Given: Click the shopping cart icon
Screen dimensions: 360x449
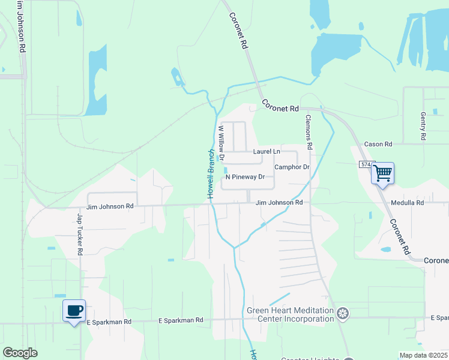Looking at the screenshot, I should coord(382,173).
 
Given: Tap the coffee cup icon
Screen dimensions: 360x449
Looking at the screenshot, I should coord(74,311).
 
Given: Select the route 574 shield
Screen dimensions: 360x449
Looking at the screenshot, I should coord(366,164).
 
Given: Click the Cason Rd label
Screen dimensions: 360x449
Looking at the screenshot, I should coord(378,145).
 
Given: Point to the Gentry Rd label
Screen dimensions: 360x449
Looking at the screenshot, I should coord(423,126).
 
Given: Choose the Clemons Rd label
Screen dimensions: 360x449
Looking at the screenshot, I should coord(309,132).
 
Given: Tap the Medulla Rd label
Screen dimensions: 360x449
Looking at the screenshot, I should coord(407,203).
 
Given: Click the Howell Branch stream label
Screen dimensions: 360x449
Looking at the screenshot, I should coord(211,174).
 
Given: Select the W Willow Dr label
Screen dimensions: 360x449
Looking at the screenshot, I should coord(221,143).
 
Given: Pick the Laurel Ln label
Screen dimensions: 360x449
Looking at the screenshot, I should coord(266,152).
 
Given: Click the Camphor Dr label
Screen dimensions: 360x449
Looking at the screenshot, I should coord(292,167).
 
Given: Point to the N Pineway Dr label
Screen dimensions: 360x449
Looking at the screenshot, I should coord(245,177).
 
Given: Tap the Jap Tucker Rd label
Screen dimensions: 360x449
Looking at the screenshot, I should coord(79,233).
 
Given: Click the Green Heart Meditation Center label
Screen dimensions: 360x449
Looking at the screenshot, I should coord(290,314).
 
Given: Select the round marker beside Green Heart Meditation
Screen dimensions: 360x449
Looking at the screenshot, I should coord(343,313).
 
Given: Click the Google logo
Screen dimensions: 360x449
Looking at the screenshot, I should coord(20,353).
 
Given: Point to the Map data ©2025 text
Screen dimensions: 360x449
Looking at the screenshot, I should coord(423,355).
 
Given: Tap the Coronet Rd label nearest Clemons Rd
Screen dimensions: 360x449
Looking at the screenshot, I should coord(279,107).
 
